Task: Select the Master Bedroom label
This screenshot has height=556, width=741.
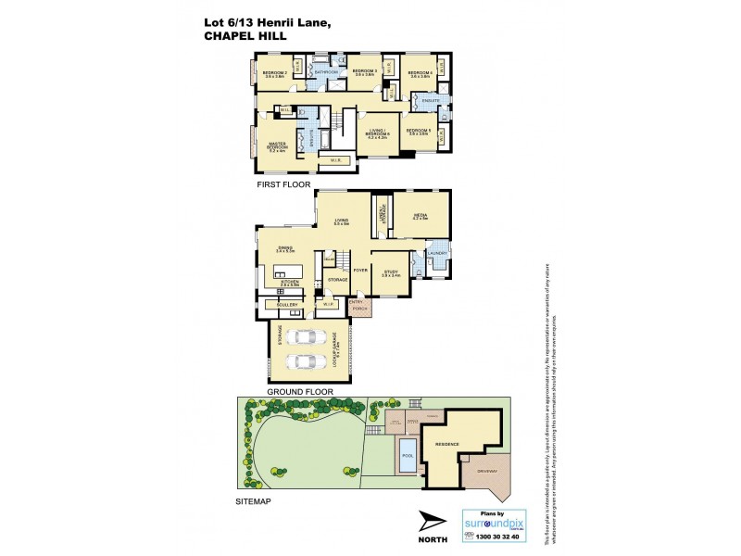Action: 277,147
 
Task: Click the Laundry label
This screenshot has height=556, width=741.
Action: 436,253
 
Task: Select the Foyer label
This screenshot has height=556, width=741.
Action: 360,271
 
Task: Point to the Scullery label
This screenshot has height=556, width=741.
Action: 284,304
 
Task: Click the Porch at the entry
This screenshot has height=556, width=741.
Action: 358,308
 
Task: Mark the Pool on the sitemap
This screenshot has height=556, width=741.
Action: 408,453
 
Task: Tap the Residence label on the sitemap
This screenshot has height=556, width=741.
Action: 447,445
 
